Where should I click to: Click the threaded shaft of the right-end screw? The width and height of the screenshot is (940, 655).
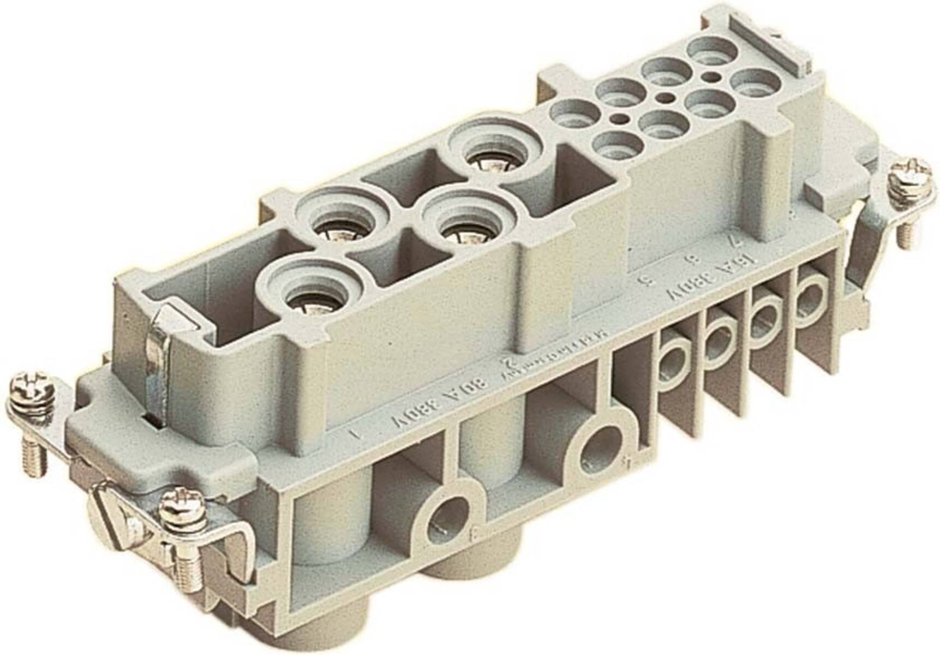(x=906, y=229)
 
